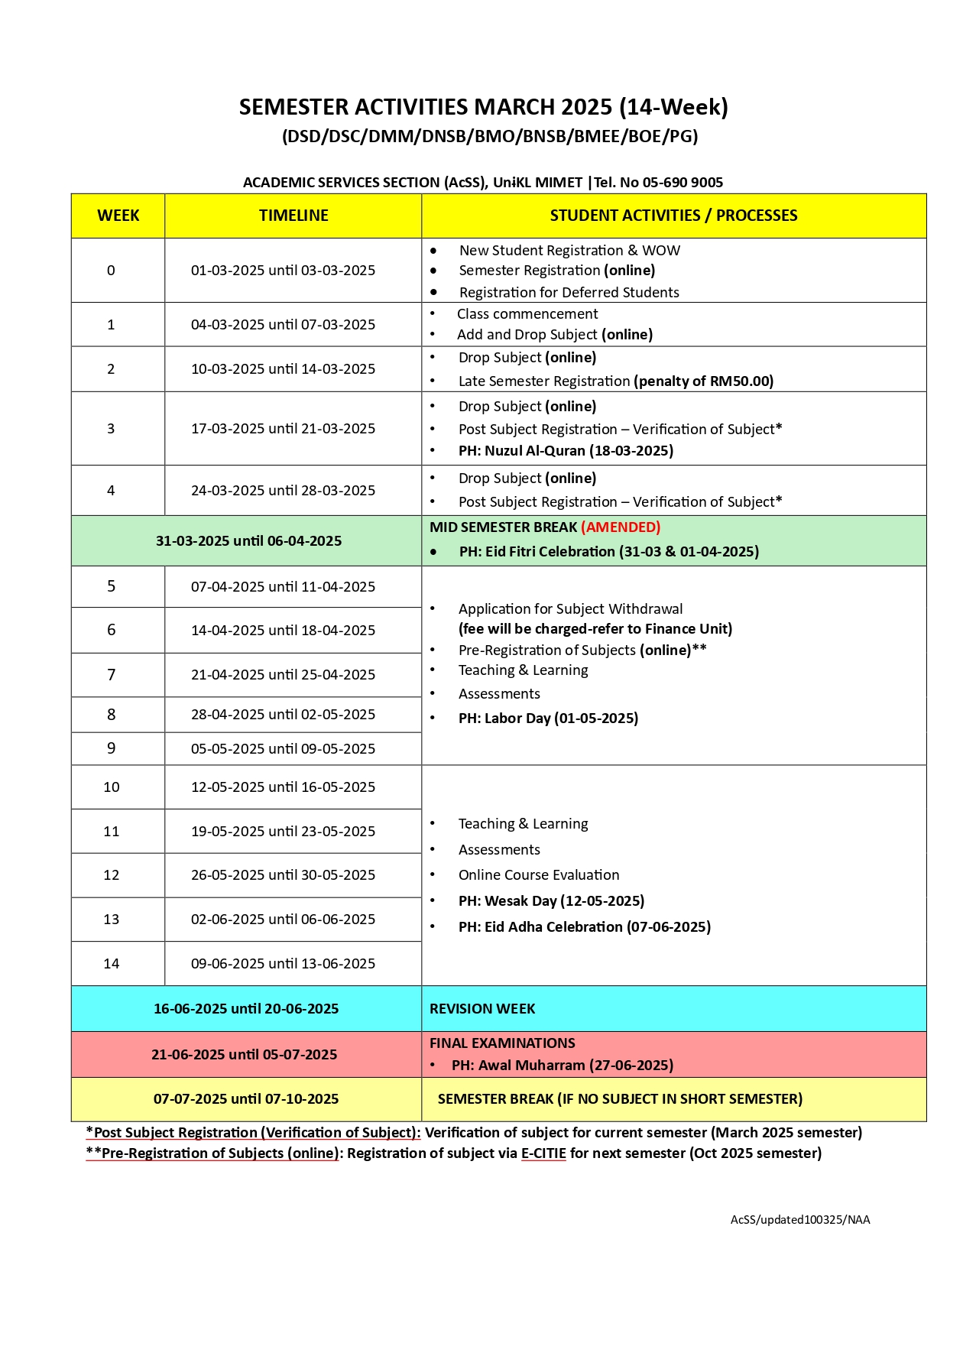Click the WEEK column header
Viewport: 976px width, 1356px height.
click(118, 216)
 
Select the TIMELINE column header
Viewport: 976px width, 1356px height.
click(293, 216)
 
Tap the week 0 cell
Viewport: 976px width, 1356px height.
click(111, 271)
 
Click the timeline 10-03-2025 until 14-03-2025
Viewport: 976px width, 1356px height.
click(283, 369)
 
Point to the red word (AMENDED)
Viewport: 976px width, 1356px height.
click(621, 527)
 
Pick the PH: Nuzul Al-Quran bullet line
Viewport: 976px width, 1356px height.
click(566, 451)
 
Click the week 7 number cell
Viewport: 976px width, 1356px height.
click(112, 675)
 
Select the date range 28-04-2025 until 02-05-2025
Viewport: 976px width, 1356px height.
click(283, 715)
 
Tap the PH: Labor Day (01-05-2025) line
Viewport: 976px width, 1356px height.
click(548, 719)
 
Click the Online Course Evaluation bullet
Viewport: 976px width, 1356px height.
click(539, 875)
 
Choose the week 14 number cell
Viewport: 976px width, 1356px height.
click(112, 964)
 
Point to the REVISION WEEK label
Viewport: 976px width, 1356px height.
click(482, 1009)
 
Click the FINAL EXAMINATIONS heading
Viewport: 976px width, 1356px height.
click(502, 1043)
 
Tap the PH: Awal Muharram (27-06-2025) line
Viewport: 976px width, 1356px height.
click(563, 1066)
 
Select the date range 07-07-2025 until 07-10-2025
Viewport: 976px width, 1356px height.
click(246, 1099)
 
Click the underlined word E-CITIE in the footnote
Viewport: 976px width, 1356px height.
click(543, 1153)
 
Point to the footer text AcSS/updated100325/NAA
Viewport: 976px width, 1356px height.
click(800, 1220)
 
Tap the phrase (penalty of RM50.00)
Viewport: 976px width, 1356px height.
click(704, 381)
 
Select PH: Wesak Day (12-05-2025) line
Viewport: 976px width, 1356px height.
click(551, 901)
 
